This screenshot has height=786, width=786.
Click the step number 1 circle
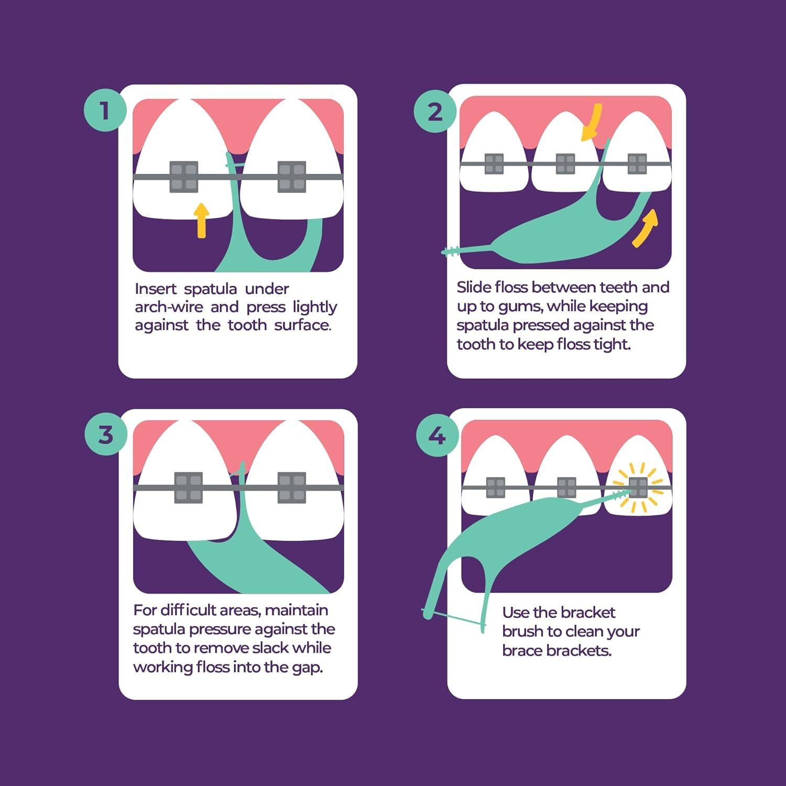pos(105,111)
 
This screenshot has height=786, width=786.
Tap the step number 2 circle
pos(435,112)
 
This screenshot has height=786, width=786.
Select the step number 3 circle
pos(106,434)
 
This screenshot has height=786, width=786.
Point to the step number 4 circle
pos(437,435)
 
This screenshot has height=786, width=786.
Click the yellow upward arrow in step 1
pos(201,220)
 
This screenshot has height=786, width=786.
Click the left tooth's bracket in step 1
pos(184,177)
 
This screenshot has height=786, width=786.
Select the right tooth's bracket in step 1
pos(291,177)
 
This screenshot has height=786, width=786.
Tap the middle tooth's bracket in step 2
pos(565,163)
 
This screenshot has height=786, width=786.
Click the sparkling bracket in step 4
pos(638,487)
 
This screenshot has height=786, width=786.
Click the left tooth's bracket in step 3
pos(188,487)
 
